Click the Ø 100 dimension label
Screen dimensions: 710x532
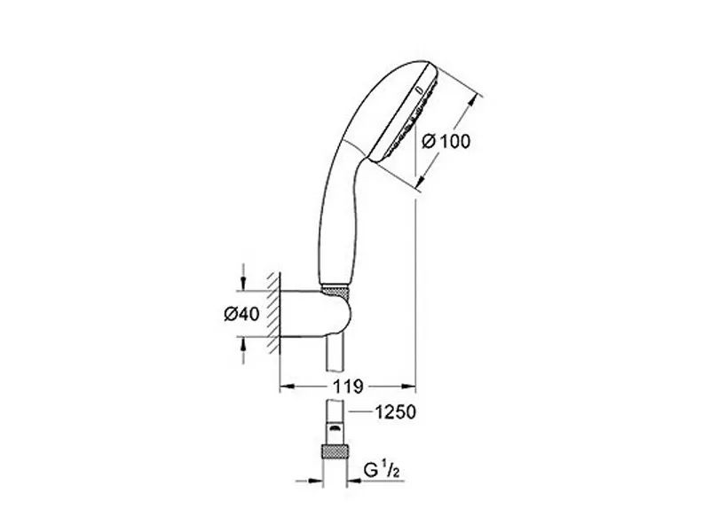click(446, 141)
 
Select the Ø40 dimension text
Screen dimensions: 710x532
click(241, 314)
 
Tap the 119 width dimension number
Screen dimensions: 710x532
click(348, 387)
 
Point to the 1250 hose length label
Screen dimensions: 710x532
click(395, 412)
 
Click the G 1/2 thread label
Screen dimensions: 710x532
click(382, 472)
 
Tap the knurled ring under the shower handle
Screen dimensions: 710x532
click(335, 291)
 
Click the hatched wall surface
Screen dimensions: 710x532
click(273, 313)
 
